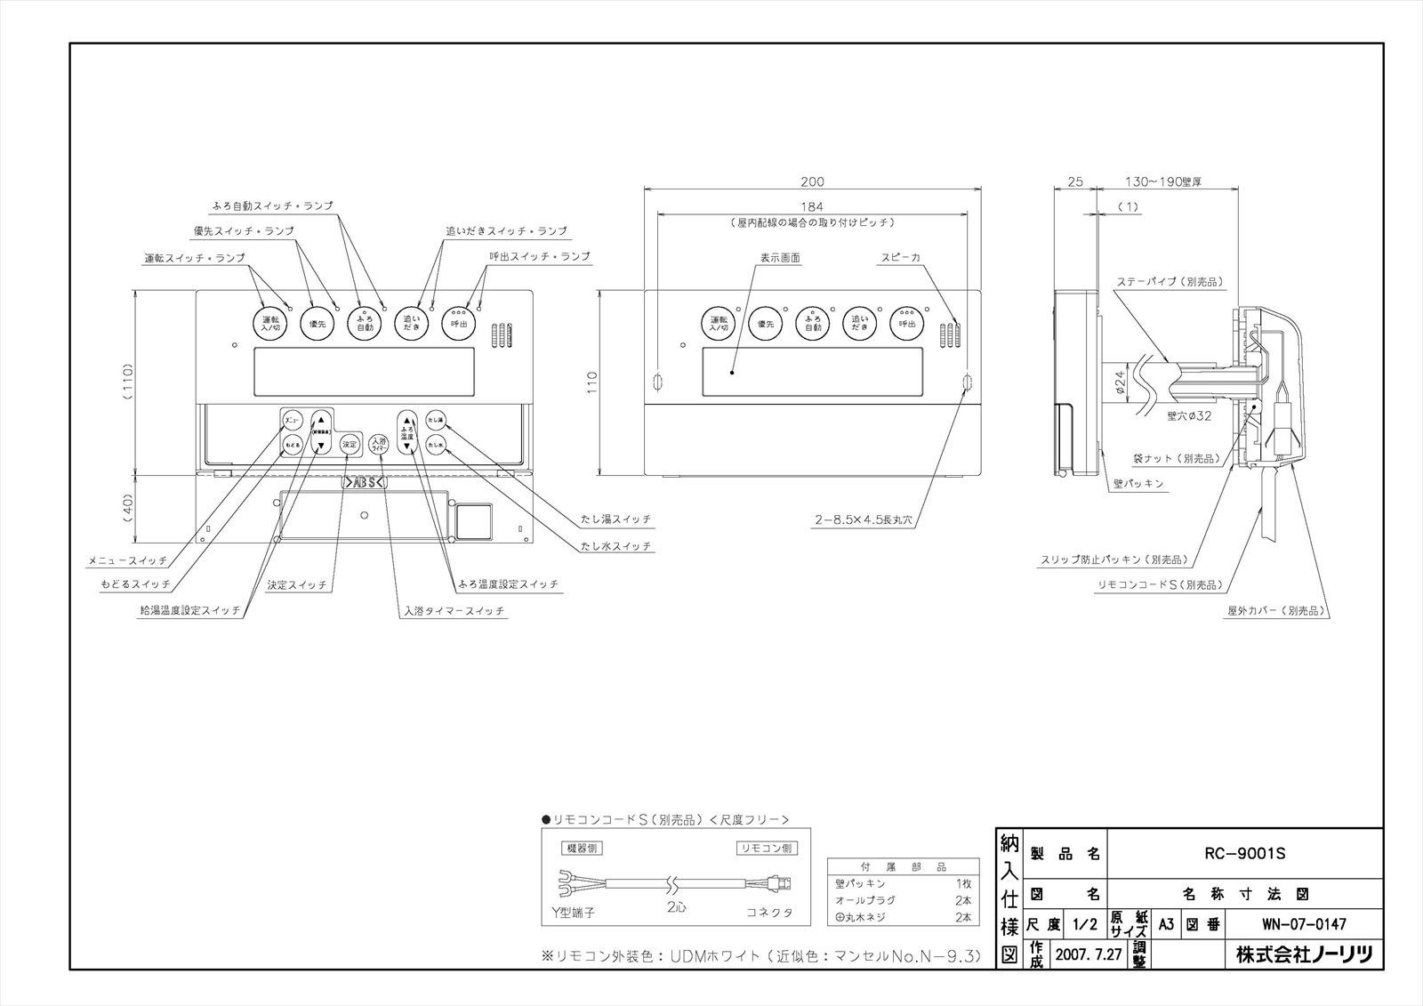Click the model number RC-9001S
[x=1244, y=854]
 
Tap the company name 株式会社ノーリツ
[x=1304, y=955]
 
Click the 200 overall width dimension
[x=812, y=181]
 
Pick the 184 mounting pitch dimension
[x=812, y=207]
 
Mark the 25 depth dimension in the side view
[x=1074, y=181]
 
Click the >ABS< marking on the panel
[x=364, y=483]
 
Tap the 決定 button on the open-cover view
[x=350, y=444]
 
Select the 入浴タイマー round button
[x=379, y=444]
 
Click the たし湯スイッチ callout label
[x=617, y=519]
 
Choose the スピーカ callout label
[x=900, y=258]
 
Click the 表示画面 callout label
[x=780, y=258]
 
